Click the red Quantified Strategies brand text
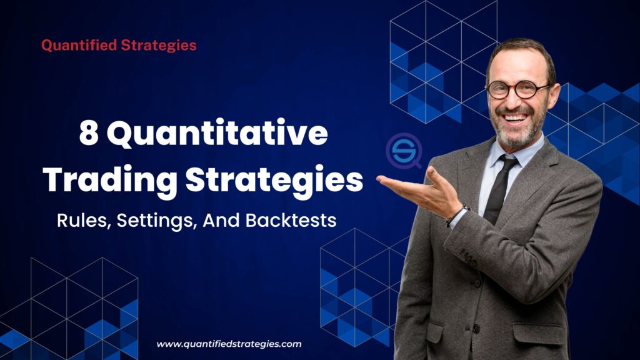[119, 46]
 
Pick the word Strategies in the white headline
[273, 180]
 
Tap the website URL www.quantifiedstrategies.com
[229, 344]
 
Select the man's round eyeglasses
[517, 89]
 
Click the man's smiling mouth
[516, 117]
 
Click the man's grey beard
[519, 134]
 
